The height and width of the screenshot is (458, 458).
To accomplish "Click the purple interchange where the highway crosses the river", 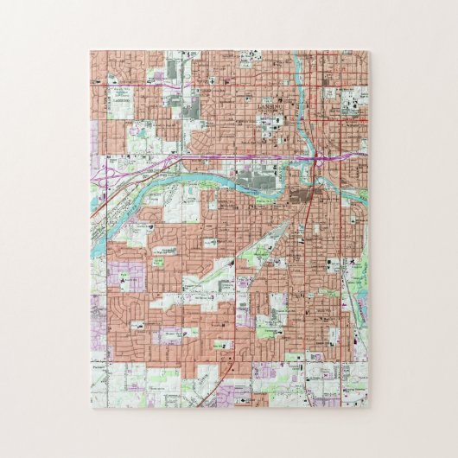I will pyautogui.click(x=320, y=158).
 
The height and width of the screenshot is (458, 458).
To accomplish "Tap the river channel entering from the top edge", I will pyautogui.click(x=298, y=65).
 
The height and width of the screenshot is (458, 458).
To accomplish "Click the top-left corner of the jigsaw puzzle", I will pyautogui.click(x=90, y=51).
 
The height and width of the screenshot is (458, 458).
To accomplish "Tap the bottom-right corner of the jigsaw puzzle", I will pyautogui.click(x=368, y=407).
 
